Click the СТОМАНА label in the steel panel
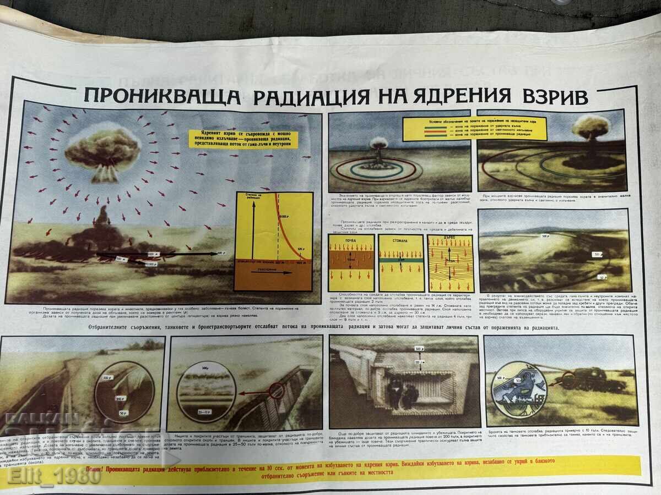click(x=401, y=239)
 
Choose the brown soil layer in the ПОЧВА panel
click(x=351, y=262)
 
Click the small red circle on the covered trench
click(x=277, y=391)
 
